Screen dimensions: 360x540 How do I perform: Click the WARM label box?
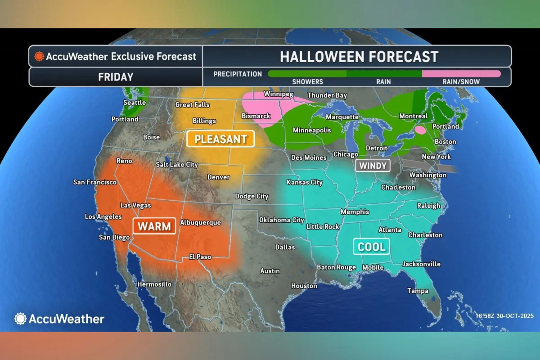[x=154, y=226]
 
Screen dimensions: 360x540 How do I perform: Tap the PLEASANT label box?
[x=220, y=139]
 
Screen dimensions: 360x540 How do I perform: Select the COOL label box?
[x=371, y=247]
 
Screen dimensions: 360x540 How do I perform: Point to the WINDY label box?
[x=373, y=166]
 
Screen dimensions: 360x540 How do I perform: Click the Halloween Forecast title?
[x=359, y=57]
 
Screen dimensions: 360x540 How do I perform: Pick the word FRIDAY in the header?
[x=116, y=76]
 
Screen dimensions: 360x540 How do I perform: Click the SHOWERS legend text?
[x=308, y=82]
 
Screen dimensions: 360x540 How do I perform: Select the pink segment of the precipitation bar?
[x=461, y=73]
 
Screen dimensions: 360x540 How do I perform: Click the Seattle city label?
[x=135, y=103]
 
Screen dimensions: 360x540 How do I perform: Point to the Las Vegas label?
[x=135, y=205]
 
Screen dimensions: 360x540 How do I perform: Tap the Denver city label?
[x=218, y=177]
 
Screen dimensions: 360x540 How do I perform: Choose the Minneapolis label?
[x=312, y=130]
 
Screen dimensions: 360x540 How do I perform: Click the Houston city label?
[x=304, y=286]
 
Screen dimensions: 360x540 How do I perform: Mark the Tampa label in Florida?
[x=418, y=291]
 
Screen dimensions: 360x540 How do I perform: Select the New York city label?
[x=436, y=157]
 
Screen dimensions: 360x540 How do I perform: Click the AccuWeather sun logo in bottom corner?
[x=21, y=319]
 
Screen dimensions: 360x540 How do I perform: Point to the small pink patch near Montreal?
[x=421, y=130]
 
